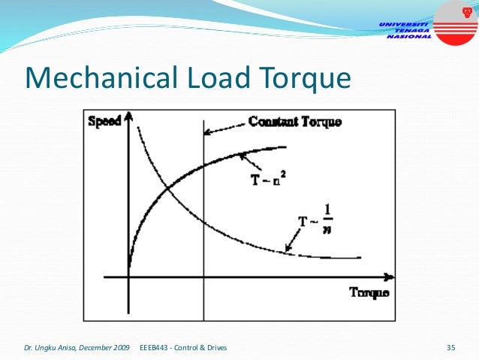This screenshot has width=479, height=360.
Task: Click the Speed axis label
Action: coord(104,120)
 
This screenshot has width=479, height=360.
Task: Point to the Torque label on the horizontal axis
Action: coord(369,292)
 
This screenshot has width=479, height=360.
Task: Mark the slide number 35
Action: coord(451,347)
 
